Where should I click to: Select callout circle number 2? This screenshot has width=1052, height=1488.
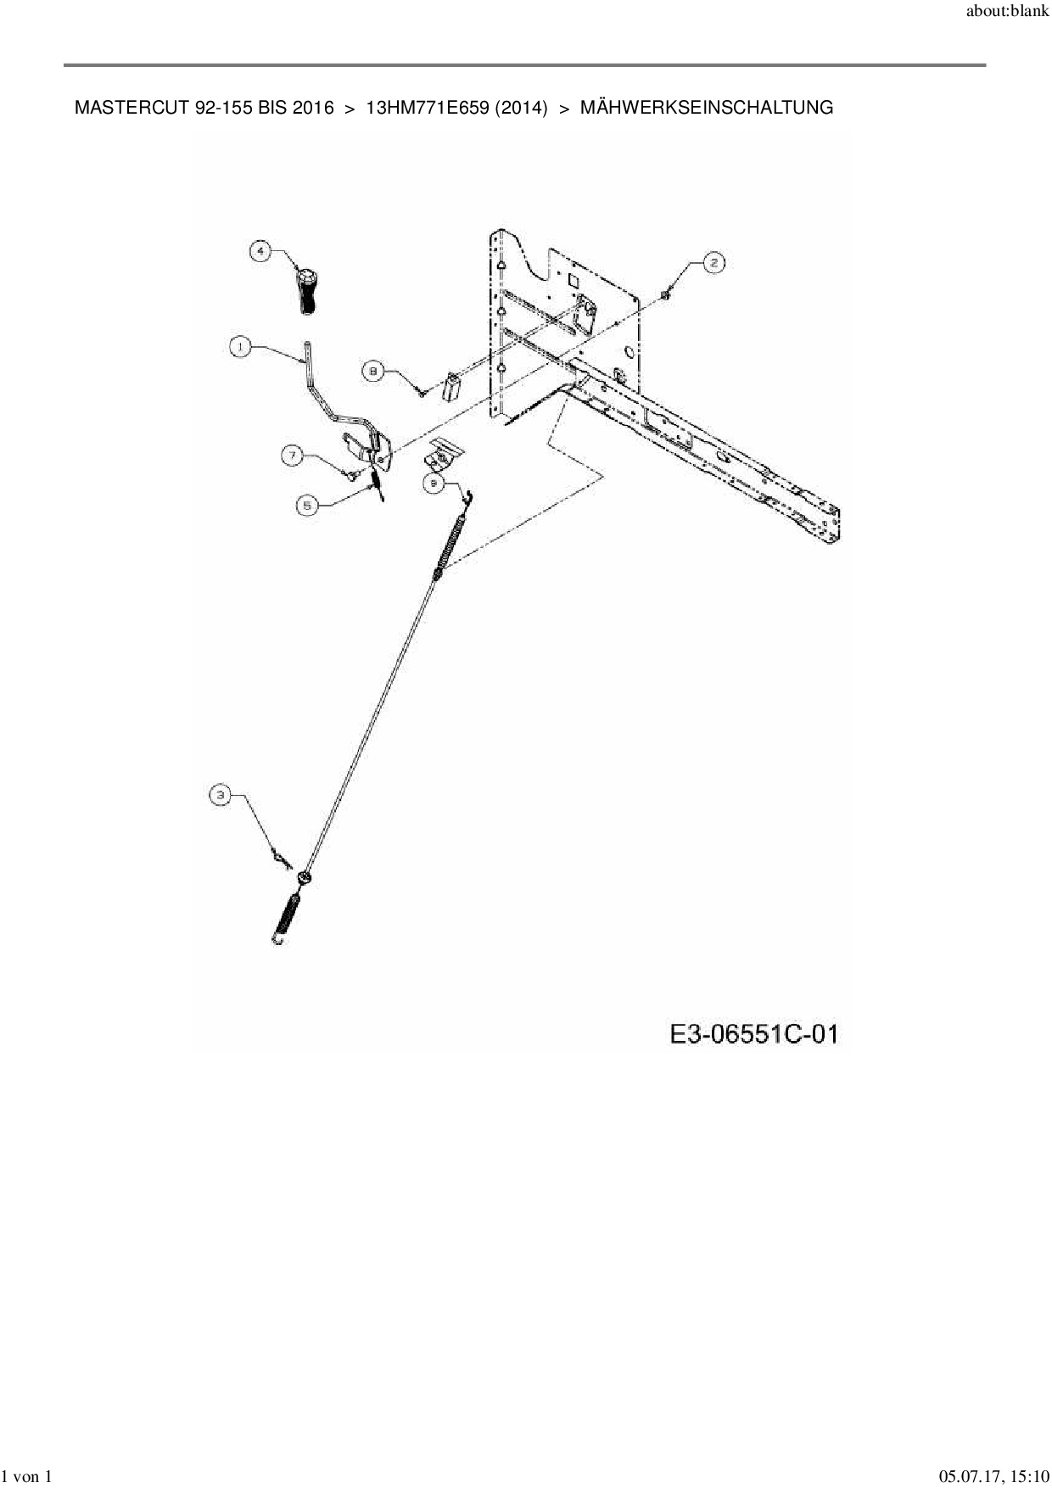713,263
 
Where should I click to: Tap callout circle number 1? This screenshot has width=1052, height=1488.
241,347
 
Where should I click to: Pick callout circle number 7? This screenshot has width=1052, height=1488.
292,456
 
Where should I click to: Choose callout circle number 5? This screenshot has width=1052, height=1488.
307,505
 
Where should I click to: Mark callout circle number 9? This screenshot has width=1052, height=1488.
434,482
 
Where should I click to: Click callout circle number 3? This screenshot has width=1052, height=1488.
221,795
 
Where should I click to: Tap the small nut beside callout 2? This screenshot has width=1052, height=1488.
667,294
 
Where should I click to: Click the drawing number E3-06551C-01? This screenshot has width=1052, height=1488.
753,1034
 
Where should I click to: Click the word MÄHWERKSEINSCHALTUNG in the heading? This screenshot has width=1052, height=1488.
706,108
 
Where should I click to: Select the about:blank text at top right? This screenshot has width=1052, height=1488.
1007,14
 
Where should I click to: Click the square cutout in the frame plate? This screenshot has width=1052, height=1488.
573,277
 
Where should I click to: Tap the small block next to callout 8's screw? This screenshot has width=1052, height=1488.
452,387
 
